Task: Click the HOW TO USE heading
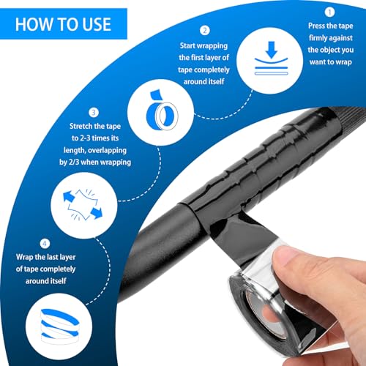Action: [x=63, y=24]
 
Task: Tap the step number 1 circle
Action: [x=329, y=12]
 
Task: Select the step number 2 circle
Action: [x=205, y=31]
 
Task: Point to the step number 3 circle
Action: [x=94, y=113]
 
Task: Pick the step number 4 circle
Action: [x=45, y=243]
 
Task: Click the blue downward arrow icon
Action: [x=272, y=50]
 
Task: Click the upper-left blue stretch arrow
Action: [x=68, y=196]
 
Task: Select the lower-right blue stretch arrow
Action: [x=97, y=213]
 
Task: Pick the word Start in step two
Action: [x=187, y=45]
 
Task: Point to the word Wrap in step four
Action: [x=24, y=258]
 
